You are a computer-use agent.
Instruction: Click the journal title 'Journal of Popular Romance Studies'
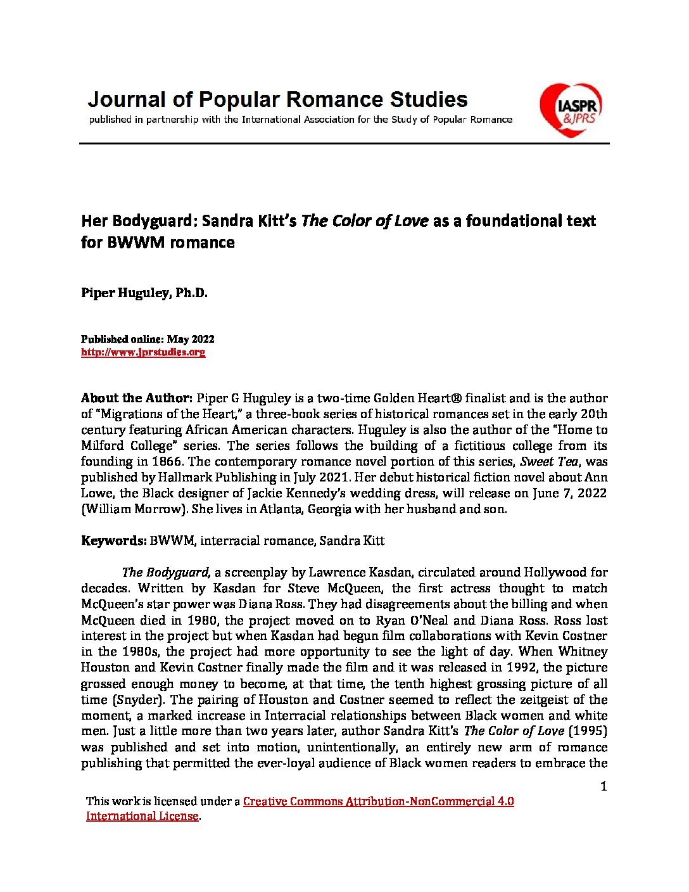pos(277,99)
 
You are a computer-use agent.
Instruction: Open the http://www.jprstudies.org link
pos(143,352)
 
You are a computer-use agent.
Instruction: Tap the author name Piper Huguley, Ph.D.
pos(144,293)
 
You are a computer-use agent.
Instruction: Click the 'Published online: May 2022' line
pos(148,339)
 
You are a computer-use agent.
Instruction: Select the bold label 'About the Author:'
pos(136,398)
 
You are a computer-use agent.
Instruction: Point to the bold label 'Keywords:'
pos(113,540)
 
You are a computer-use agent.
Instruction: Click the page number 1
pos(604,786)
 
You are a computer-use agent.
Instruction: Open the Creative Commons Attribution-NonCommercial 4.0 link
pos(378,801)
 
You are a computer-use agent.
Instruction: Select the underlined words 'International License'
pos(142,816)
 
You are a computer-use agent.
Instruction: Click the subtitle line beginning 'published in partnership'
pos(300,119)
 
